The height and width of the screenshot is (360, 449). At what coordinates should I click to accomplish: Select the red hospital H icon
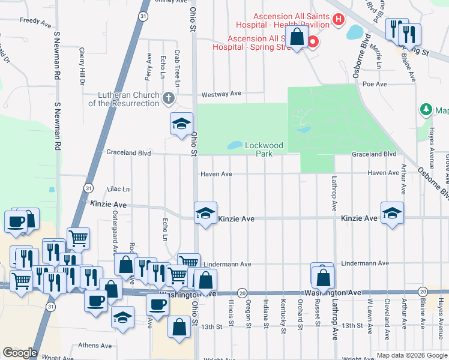pyautogui.click(x=338, y=20)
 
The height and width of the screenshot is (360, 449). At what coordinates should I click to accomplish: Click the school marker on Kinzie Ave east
pyautogui.click(x=392, y=213)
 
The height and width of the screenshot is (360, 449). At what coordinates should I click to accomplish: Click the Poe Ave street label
pyautogui.click(x=375, y=85)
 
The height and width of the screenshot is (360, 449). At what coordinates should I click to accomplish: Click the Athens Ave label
pyautogui.click(x=95, y=346)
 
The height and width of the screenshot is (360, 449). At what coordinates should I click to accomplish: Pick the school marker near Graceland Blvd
pyautogui.click(x=181, y=124)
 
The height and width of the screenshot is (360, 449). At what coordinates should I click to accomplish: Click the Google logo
pyautogui.click(x=20, y=353)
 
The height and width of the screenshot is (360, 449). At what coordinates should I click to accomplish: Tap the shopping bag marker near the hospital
pyautogui.click(x=297, y=37)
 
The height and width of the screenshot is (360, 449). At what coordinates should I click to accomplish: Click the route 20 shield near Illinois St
pyautogui.click(x=242, y=292)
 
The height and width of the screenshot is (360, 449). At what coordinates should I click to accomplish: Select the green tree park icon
pyautogui.click(x=426, y=110)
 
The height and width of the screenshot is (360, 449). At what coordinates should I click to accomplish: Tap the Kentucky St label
pyautogui.click(x=283, y=309)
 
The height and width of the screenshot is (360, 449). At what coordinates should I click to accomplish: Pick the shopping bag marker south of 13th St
pyautogui.click(x=179, y=327)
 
